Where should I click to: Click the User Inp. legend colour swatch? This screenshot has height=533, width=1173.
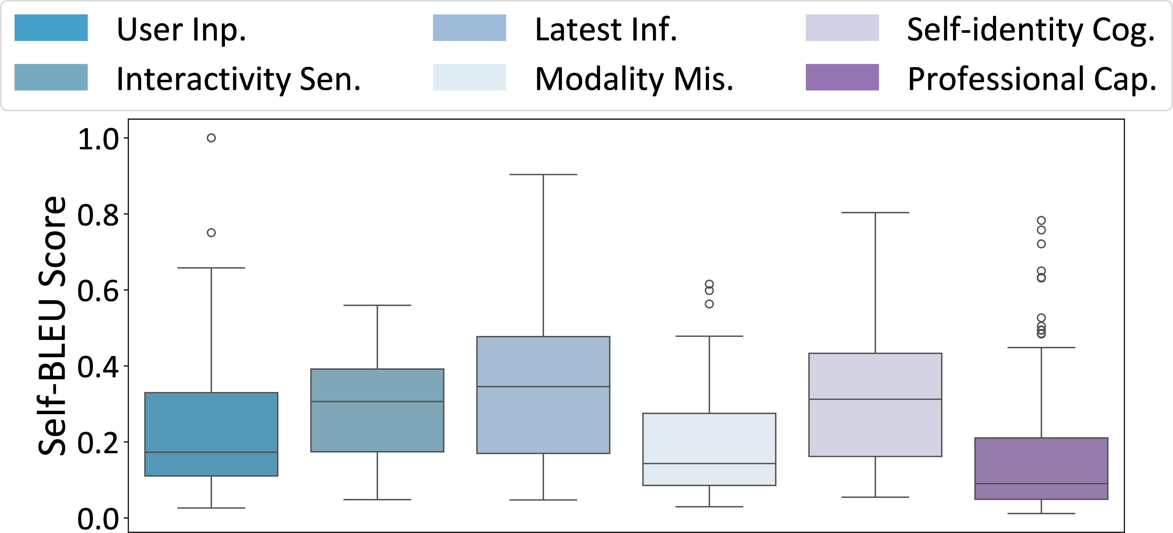point(51,28)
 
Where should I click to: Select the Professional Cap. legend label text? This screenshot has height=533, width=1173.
point(1031,79)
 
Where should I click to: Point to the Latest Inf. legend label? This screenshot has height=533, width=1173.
point(606,30)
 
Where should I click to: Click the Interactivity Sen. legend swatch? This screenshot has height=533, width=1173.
point(51,77)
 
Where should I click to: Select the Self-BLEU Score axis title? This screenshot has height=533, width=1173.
point(52,326)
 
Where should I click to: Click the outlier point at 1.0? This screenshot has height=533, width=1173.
point(211,138)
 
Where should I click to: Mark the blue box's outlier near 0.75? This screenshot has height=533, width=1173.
point(211,233)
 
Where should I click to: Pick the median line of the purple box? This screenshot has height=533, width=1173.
point(1041,483)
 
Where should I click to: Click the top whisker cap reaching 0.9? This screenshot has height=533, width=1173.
point(543,175)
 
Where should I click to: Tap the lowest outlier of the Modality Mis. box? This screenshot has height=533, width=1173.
point(709,304)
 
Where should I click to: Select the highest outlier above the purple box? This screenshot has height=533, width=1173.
point(1041,220)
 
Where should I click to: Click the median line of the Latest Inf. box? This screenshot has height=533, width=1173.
point(543,386)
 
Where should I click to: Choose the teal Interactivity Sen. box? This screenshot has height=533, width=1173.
point(377,410)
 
